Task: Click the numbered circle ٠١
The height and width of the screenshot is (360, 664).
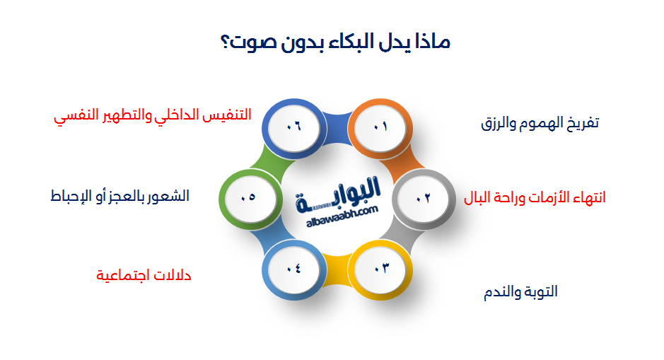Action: [382, 127]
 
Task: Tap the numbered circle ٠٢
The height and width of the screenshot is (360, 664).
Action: [423, 199]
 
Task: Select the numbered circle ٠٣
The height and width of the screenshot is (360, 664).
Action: [382, 268]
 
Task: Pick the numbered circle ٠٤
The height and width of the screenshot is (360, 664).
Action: [293, 268]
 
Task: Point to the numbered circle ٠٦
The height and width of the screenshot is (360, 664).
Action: [293, 127]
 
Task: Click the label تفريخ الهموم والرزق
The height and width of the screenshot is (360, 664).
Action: [540, 123]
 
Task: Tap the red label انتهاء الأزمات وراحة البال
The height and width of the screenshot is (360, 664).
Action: [535, 197]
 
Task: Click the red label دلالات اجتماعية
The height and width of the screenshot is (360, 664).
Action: [144, 275]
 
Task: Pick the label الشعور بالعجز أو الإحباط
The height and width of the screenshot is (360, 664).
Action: [120, 196]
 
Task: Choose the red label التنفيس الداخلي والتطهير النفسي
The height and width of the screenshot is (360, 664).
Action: [153, 115]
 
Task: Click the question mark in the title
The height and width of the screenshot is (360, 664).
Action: [228, 42]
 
